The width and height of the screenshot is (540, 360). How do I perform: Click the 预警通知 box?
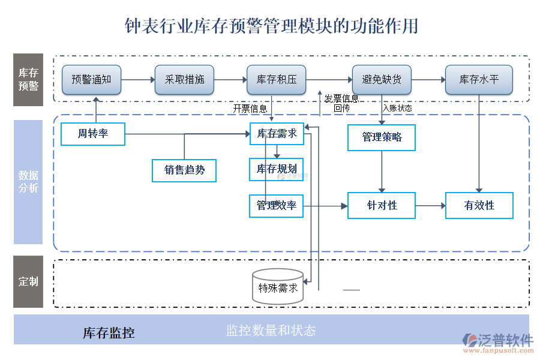(x=91, y=80)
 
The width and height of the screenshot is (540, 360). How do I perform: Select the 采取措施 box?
(x=184, y=80)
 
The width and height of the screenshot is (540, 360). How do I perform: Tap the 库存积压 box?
(x=277, y=80)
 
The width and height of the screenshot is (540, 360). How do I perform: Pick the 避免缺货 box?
(x=382, y=80)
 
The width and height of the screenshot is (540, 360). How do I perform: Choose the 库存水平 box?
(x=479, y=80)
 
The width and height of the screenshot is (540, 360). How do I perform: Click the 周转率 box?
(x=93, y=134)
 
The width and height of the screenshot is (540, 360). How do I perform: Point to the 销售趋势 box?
(x=184, y=170)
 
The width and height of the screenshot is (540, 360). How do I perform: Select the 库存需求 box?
(x=277, y=134)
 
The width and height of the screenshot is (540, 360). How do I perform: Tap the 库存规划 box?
(x=277, y=169)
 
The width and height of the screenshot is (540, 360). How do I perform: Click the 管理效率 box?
(x=277, y=205)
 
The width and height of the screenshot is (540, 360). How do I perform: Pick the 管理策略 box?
(x=382, y=137)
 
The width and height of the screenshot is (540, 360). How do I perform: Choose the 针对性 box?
(x=382, y=206)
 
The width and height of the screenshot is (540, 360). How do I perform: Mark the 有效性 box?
(x=479, y=206)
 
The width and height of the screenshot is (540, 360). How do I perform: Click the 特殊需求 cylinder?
(x=278, y=286)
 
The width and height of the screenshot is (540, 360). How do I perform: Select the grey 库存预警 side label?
(x=28, y=80)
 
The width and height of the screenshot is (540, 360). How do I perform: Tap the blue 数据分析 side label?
(x=28, y=182)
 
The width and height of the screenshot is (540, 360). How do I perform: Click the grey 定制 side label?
(x=28, y=282)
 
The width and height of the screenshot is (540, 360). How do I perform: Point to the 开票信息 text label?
(x=250, y=109)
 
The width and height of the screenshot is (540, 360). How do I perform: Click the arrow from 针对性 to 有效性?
(x=430, y=206)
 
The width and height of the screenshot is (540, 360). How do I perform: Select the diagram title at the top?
(x=271, y=26)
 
